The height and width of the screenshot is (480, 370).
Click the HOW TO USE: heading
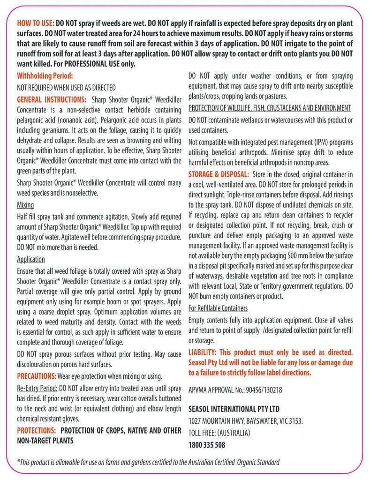(35, 23)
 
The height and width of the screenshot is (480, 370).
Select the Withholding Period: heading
(45, 75)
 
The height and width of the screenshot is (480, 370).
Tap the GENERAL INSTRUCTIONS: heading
(51, 100)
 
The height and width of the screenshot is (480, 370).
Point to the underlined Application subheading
(31, 259)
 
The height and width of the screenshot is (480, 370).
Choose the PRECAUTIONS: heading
(37, 376)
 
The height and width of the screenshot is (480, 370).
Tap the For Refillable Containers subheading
(218, 308)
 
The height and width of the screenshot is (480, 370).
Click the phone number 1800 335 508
(207, 444)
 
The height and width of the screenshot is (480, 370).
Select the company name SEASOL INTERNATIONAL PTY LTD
(234, 409)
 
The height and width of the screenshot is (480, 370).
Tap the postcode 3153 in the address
(294, 420)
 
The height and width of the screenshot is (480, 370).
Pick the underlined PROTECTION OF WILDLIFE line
(270, 108)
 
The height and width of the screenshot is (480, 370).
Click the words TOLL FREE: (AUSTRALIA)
(219, 432)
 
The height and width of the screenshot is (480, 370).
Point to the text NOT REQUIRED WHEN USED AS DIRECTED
(66, 88)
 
